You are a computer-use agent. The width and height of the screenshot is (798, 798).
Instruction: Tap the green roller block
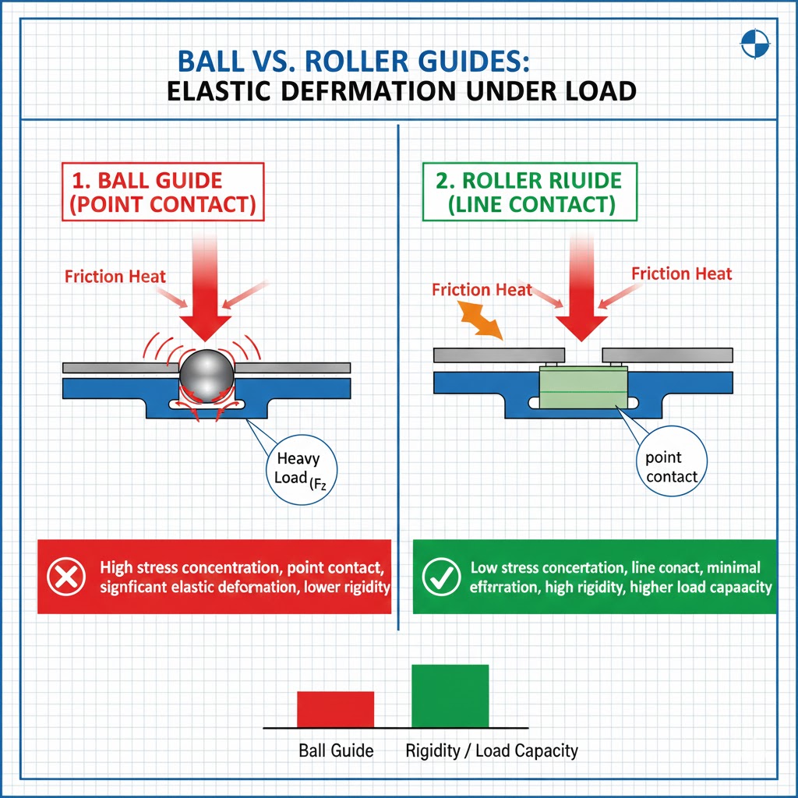(583, 386)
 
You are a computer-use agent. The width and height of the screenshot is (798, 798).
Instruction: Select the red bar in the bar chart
(336, 708)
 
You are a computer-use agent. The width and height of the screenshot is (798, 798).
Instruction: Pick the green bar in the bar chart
(450, 695)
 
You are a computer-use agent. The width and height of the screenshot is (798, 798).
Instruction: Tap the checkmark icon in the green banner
(436, 577)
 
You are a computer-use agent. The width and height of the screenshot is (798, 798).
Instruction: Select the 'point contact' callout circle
(672, 465)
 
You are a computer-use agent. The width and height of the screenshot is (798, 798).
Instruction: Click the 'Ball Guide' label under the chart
(336, 751)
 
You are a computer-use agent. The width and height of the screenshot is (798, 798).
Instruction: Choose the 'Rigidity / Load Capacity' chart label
(492, 751)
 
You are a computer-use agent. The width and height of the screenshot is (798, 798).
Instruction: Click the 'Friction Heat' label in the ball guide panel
(115, 276)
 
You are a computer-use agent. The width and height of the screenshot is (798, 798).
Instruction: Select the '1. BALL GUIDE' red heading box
(164, 193)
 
